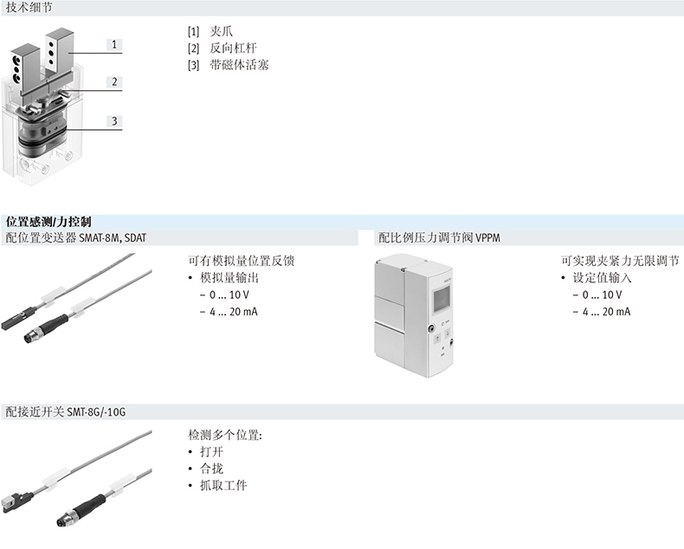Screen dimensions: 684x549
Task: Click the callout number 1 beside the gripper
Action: pyautogui.click(x=114, y=44)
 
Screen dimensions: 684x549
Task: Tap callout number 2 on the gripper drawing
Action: pyautogui.click(x=114, y=82)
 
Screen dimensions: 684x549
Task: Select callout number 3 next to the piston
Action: pyautogui.click(x=114, y=121)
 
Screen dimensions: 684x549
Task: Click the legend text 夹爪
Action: pyautogui.click(x=221, y=31)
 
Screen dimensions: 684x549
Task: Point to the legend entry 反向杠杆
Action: pyautogui.click(x=233, y=48)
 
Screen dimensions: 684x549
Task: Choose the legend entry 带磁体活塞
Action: pyautogui.click(x=239, y=65)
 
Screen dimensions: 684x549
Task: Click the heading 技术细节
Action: pyautogui.click(x=29, y=8)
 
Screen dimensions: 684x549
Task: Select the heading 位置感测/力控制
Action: pyautogui.click(x=48, y=222)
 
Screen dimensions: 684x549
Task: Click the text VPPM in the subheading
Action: pyautogui.click(x=487, y=238)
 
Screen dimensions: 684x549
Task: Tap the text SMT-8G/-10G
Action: pyautogui.click(x=96, y=411)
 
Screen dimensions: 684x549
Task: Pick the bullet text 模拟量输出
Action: pyautogui.click(x=229, y=278)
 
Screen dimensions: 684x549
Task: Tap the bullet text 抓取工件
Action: pyautogui.click(x=223, y=485)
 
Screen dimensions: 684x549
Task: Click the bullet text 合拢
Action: pyautogui.click(x=211, y=468)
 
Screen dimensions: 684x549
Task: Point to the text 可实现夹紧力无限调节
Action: pyautogui.click(x=620, y=261)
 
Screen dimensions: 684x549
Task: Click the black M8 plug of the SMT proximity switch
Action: pyautogui.click(x=80, y=510)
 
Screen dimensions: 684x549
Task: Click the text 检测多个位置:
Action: pyautogui.click(x=225, y=435)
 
